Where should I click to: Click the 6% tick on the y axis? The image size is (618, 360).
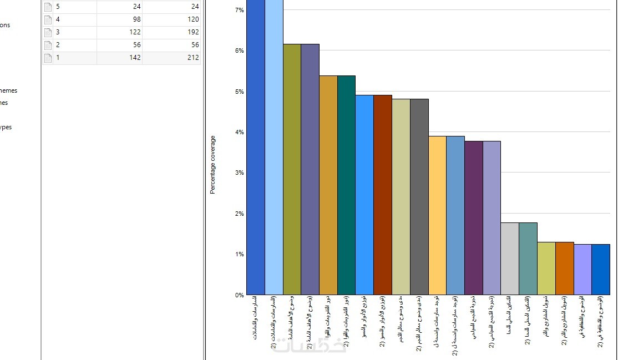coord(239,50)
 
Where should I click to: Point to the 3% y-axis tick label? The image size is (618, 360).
coord(239,173)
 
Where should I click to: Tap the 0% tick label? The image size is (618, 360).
coord(239,295)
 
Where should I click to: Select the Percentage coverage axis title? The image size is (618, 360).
coord(212,165)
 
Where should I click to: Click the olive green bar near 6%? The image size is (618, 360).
coord(292,169)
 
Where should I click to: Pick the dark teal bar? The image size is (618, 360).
coord(346,185)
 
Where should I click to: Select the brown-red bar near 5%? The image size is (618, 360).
coord(383,195)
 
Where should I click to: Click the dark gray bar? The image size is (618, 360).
coord(419,197)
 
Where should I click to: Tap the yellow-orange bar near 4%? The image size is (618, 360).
coord(437,215)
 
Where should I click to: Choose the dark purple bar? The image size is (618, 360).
coord(473,218)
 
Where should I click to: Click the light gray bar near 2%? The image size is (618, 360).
coord(509,258)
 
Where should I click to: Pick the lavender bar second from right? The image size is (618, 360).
coord(582,270)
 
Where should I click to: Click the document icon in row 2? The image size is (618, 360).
coord(48,45)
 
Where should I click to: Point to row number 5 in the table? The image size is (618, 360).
coord(58,7)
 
